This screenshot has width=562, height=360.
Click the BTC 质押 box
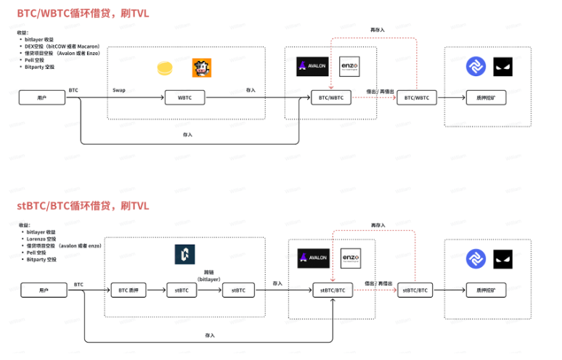point(130,290)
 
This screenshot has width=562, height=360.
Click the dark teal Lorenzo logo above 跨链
point(187,255)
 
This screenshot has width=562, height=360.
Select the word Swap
point(119,91)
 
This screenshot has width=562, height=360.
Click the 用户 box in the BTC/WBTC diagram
point(42,98)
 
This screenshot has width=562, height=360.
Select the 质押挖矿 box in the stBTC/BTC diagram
point(486,290)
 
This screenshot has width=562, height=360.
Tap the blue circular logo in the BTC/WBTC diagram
point(476,67)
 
